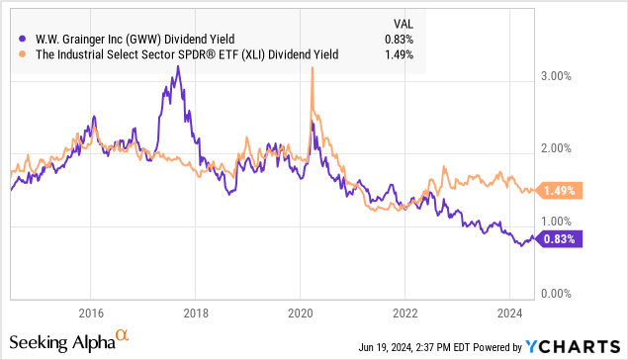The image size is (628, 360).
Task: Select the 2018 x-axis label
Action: point(195,307)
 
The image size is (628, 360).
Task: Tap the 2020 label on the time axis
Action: point(300,307)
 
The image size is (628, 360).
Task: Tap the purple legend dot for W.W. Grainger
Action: point(21,38)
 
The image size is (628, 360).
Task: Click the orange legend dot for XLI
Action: point(21,54)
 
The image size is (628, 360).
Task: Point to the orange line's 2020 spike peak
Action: point(313,67)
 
